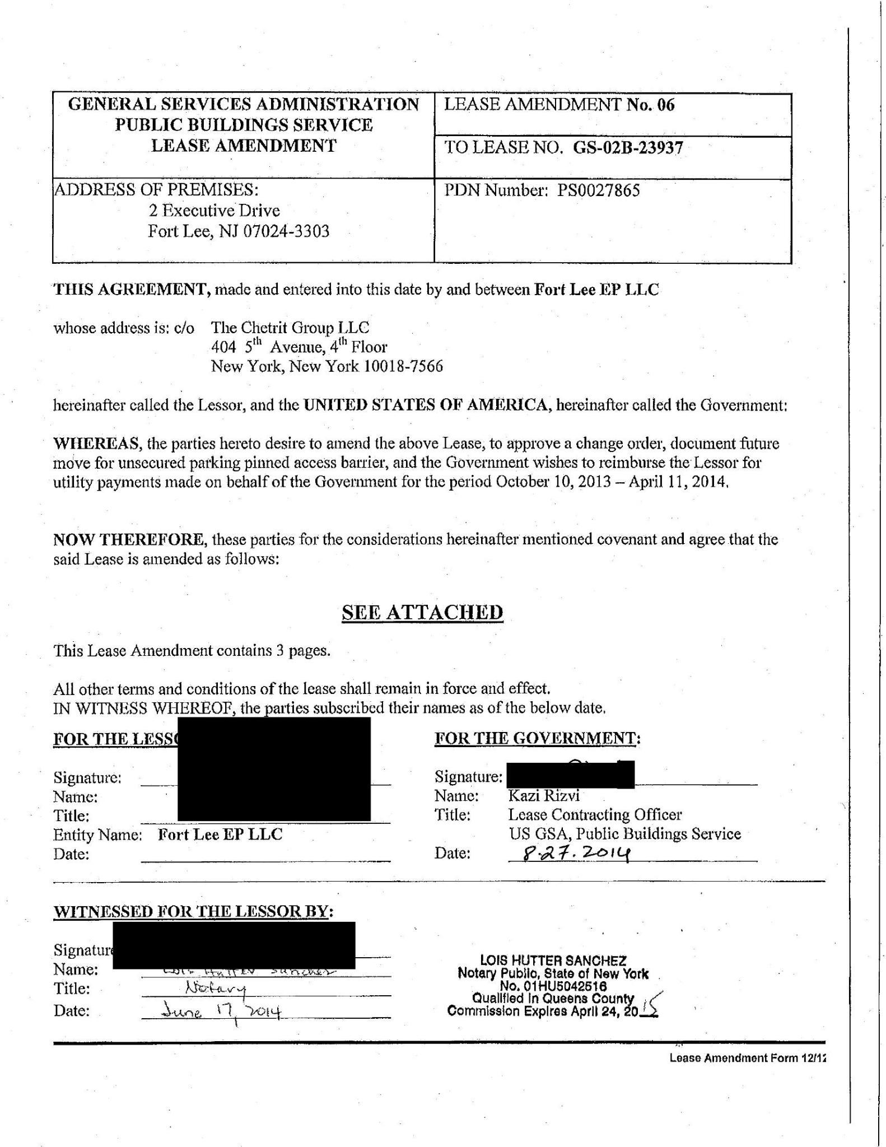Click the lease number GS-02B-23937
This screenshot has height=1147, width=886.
(628, 148)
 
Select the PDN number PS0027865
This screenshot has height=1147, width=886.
(598, 191)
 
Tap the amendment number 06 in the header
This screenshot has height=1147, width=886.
(666, 105)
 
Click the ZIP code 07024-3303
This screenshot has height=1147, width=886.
(286, 231)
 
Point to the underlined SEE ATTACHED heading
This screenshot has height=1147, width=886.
(422, 613)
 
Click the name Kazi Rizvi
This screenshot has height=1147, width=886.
(543, 795)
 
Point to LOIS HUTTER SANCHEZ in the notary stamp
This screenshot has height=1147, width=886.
(553, 961)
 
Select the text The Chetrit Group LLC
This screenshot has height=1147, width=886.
(290, 328)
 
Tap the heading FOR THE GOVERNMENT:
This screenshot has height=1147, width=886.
(537, 739)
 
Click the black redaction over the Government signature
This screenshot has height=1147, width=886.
(570, 775)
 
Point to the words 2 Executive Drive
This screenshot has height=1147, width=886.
(214, 211)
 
